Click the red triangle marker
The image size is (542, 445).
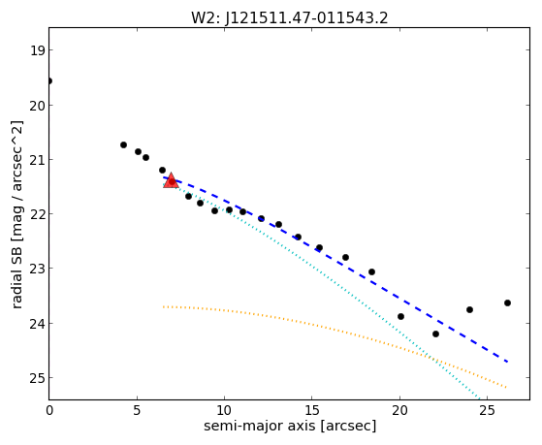click(171, 181)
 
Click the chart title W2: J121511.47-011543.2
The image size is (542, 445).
click(290, 17)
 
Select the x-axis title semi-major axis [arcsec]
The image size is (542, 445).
click(290, 426)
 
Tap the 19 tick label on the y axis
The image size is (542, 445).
click(38, 50)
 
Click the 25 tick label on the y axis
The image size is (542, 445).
click(38, 378)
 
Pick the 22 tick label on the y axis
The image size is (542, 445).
click(38, 214)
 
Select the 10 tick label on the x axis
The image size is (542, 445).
click(224, 410)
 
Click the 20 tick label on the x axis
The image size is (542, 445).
click(399, 410)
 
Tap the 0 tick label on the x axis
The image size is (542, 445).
click(49, 410)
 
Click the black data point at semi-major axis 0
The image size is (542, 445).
click(49, 80)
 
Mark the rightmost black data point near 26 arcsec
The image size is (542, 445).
click(507, 302)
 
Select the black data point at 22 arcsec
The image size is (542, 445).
click(435, 334)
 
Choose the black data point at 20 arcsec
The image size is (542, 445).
click(400, 316)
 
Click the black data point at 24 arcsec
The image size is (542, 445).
click(469, 309)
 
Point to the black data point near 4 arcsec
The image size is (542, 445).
click(123, 144)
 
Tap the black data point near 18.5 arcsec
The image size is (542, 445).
click(371, 271)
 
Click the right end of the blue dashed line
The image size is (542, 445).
click(507, 362)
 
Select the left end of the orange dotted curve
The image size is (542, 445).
click(164, 306)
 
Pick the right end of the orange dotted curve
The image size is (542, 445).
click(506, 387)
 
